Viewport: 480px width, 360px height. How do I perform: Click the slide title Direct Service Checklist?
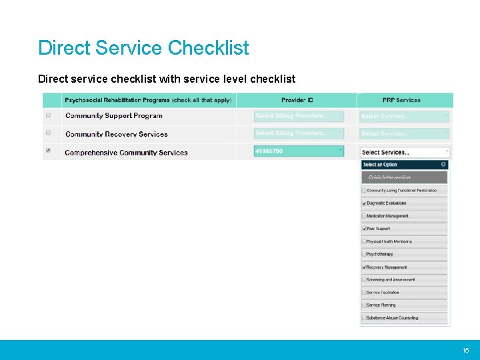(143, 48)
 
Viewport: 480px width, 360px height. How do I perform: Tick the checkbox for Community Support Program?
(48, 115)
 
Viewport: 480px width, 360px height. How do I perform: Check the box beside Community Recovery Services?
(48, 133)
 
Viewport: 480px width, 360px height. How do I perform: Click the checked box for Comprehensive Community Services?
(48, 151)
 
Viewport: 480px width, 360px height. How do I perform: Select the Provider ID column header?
(297, 100)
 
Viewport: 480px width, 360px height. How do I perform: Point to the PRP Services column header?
(401, 100)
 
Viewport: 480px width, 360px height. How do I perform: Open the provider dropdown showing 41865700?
(299, 151)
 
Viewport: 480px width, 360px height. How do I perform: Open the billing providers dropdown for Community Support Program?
(299, 116)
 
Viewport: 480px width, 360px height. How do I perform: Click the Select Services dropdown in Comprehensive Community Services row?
(405, 152)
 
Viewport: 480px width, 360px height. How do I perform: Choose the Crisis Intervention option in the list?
(404, 177)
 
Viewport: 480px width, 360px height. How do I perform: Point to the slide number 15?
(466, 350)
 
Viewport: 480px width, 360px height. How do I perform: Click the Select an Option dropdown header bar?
(404, 165)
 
